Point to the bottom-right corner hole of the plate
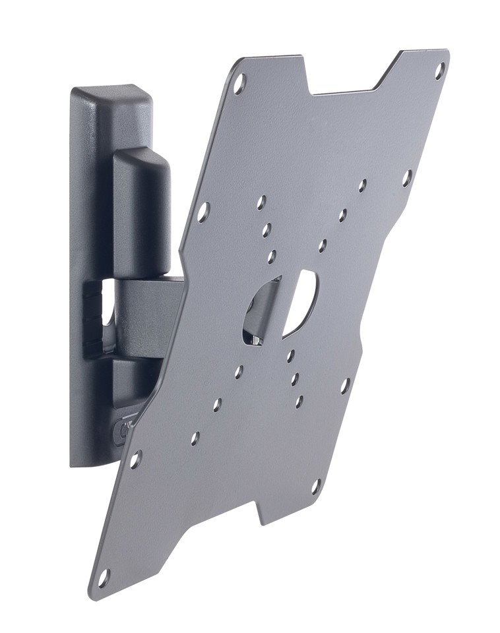[316, 487]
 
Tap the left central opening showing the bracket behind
[259, 310]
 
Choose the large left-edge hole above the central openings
[203, 211]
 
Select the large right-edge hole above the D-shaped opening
[407, 177]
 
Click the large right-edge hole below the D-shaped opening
[344, 386]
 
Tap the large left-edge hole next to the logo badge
[135, 459]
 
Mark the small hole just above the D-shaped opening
[323, 246]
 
